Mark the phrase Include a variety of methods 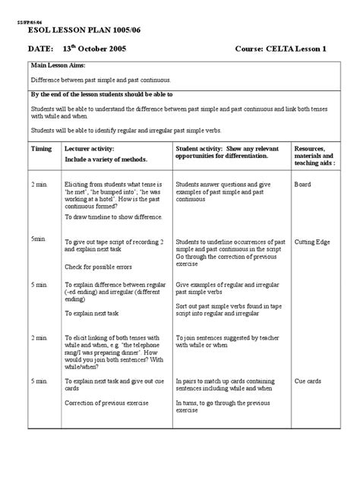tap(106, 160)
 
